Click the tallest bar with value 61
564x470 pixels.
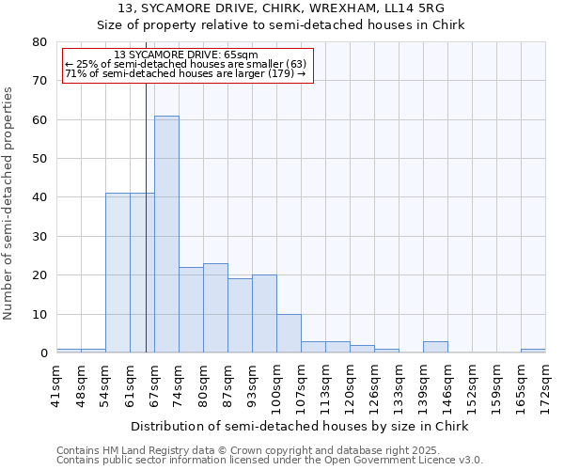(166, 234)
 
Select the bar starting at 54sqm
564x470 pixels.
(117, 273)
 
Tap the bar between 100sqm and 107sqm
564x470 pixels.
(289, 333)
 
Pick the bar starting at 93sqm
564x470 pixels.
(264, 314)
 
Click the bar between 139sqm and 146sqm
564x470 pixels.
(435, 347)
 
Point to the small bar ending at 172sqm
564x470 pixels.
(533, 351)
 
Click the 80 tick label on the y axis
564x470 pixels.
(40, 42)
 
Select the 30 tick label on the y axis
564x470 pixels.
(40, 237)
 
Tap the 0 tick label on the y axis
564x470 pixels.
(43, 353)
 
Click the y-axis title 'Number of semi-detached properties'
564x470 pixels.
(9, 203)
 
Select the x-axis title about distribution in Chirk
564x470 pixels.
(299, 426)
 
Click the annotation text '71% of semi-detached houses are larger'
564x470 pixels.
(185, 73)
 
